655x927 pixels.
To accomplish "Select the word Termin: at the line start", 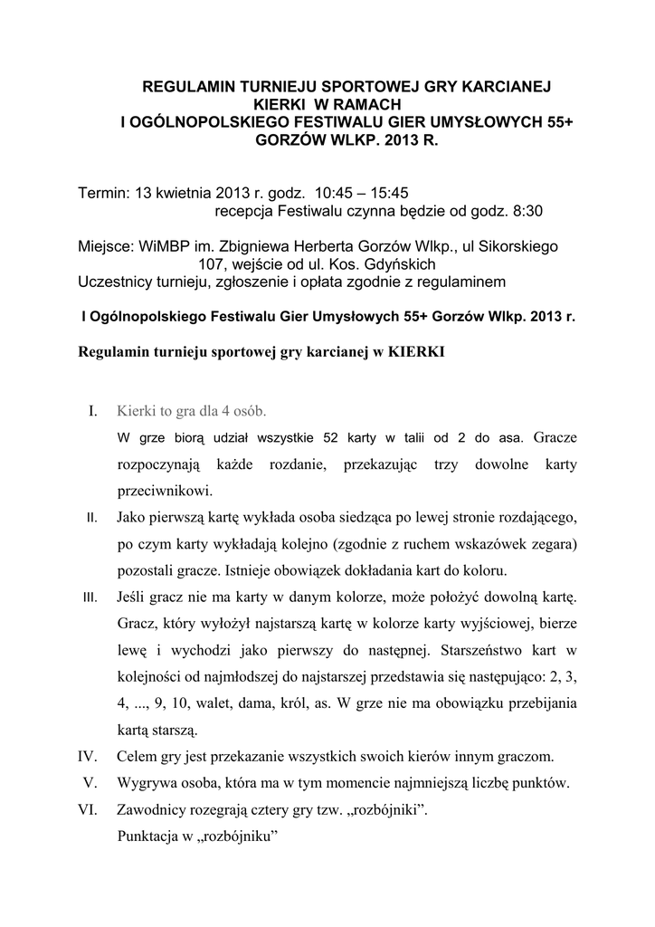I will pos(104,193).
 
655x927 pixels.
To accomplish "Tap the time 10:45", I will pos(336,193).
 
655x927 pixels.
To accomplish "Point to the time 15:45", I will pos(391,193).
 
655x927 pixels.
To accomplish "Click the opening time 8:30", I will pos(524,211).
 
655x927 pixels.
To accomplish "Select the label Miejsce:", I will pos(105,246).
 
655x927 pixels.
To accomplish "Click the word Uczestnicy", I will pos(119,282).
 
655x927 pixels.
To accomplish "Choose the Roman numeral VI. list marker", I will pos(88,812).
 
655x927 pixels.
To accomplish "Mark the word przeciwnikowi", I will pos(165,492).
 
